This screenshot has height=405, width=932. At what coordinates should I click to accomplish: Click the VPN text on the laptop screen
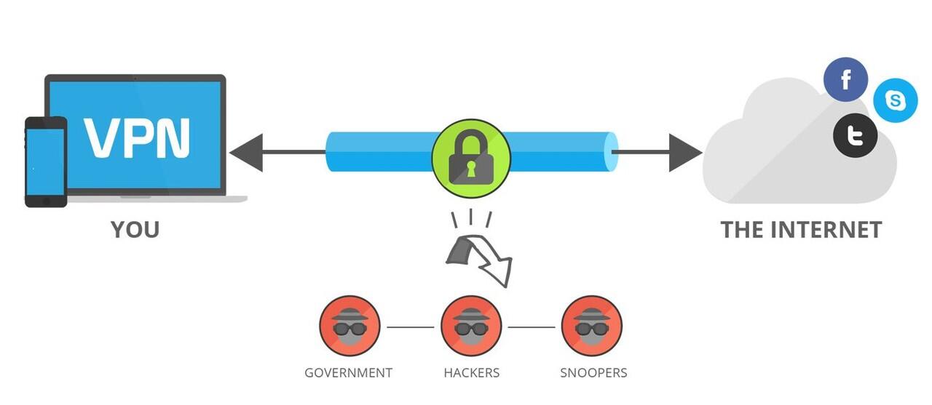(137, 137)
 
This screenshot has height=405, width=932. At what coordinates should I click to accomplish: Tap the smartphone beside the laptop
(46, 161)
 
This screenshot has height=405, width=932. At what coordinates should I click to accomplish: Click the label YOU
(135, 230)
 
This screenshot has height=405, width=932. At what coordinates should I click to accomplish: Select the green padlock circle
(470, 158)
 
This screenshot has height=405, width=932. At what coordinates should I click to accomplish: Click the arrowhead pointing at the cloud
(685, 152)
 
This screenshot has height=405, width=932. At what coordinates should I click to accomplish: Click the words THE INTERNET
(801, 230)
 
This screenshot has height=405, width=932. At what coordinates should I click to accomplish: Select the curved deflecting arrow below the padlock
(481, 258)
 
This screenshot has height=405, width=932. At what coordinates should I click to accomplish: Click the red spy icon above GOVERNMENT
(350, 326)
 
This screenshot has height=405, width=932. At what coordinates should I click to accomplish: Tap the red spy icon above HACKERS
(471, 326)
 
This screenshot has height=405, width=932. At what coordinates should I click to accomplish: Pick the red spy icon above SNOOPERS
(592, 326)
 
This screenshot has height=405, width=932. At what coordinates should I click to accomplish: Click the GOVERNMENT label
(348, 373)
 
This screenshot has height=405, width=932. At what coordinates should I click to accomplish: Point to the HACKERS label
(471, 373)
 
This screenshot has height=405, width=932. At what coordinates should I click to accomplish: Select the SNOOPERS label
(593, 373)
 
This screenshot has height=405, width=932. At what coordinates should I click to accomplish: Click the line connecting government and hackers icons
(411, 327)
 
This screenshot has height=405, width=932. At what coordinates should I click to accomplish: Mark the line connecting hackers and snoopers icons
(532, 327)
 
